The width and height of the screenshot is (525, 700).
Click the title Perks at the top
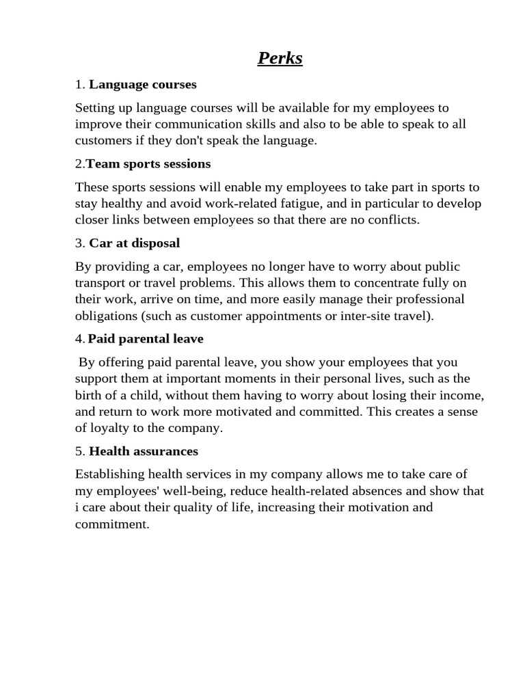(x=280, y=59)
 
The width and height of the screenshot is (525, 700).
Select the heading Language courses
(x=143, y=85)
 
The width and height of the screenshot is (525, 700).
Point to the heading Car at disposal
(x=135, y=243)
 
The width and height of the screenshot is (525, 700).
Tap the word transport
(x=99, y=283)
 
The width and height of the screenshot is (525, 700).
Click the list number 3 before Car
(x=79, y=243)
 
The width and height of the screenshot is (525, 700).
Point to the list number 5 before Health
(x=79, y=451)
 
